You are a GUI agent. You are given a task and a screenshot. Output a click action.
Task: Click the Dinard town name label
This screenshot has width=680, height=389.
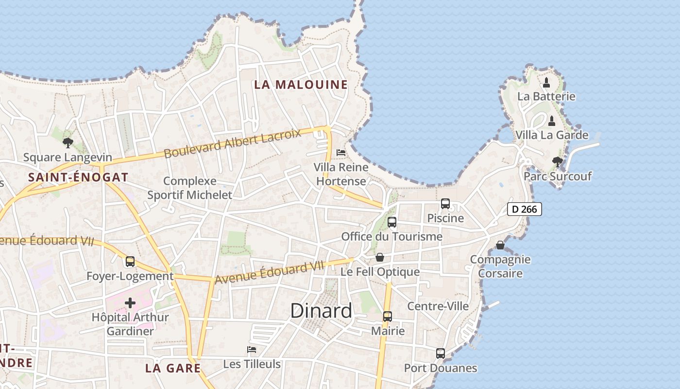pyautogui.click(x=321, y=311)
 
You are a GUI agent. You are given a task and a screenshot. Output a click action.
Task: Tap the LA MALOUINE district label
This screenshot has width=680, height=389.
pyautogui.click(x=301, y=85)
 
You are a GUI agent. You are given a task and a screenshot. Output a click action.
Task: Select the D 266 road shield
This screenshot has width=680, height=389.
pyautogui.click(x=525, y=209)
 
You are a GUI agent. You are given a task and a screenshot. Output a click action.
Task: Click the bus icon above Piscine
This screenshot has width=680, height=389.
pyautogui.click(x=445, y=204)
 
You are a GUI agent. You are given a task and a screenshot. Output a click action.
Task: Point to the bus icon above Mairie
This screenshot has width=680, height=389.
pyautogui.click(x=387, y=317)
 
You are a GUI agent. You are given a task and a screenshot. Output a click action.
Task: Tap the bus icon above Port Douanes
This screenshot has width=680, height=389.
pyautogui.click(x=440, y=354)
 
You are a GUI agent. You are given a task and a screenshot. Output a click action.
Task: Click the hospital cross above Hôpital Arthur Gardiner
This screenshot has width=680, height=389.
pyautogui.click(x=130, y=303)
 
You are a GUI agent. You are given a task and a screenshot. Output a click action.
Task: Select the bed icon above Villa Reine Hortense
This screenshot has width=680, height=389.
pyautogui.click(x=341, y=153)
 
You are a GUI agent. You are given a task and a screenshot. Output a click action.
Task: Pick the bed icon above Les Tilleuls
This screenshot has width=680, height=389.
pyautogui.click(x=252, y=350)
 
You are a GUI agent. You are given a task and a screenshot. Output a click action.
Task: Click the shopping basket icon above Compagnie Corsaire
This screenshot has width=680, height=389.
pyautogui.click(x=500, y=245)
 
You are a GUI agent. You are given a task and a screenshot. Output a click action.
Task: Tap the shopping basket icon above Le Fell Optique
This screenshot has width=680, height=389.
pyautogui.click(x=380, y=257)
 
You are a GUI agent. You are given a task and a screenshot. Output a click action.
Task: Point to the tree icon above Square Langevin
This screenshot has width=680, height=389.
pyautogui.click(x=68, y=143)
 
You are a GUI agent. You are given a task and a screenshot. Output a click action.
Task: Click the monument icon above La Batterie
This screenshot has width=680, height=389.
pyautogui.click(x=546, y=82)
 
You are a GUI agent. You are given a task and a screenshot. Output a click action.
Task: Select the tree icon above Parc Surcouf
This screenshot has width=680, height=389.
pyautogui.click(x=557, y=161)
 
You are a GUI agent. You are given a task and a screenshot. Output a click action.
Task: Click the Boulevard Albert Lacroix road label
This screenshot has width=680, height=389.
pyautogui.click(x=232, y=144)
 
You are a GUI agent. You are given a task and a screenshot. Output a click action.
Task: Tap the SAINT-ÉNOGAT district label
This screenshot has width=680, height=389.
pyautogui.click(x=78, y=177)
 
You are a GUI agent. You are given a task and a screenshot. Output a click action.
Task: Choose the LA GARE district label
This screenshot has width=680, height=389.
pyautogui.click(x=173, y=368)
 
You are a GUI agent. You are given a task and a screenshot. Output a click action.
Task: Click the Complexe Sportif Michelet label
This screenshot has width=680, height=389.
pyautogui.click(x=190, y=188)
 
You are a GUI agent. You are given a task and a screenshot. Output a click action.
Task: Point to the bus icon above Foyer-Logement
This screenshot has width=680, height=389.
pyautogui.click(x=130, y=262)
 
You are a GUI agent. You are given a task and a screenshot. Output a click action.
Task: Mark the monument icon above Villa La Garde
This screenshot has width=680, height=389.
pyautogui.click(x=551, y=121)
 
